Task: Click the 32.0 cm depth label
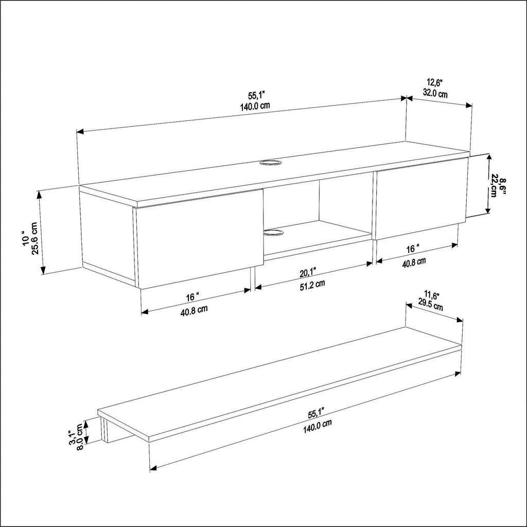click(435, 94)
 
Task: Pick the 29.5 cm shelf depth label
click(430, 307)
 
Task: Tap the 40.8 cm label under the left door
click(194, 309)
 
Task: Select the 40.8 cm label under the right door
click(413, 261)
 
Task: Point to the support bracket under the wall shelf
click(108, 431)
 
